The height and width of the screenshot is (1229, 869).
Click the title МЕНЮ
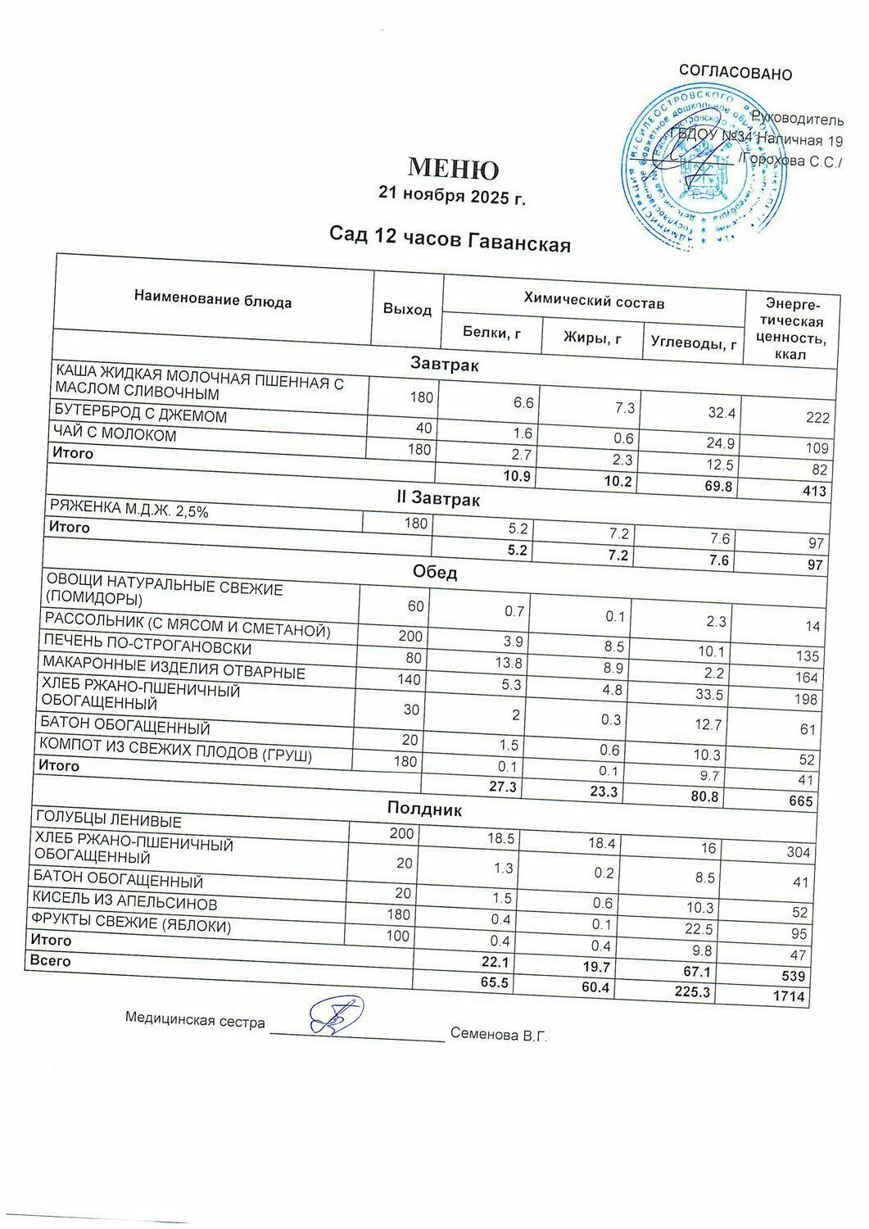453,169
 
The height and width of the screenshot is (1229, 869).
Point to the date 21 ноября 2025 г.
451,195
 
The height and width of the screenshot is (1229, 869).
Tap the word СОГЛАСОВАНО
735,73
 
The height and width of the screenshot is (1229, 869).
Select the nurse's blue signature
336,1016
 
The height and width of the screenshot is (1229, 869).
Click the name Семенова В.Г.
499,1036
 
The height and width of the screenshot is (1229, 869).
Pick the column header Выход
407,309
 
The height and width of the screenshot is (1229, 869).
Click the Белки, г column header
492,332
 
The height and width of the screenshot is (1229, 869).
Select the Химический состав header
594,302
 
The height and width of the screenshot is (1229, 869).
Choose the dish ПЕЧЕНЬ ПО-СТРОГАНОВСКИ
147,646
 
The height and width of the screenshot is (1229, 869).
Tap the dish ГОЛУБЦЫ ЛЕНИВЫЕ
108,820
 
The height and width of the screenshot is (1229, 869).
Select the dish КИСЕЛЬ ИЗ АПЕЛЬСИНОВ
124,903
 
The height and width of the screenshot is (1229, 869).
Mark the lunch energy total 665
800,800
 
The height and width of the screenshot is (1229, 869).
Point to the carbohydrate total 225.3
693,992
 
